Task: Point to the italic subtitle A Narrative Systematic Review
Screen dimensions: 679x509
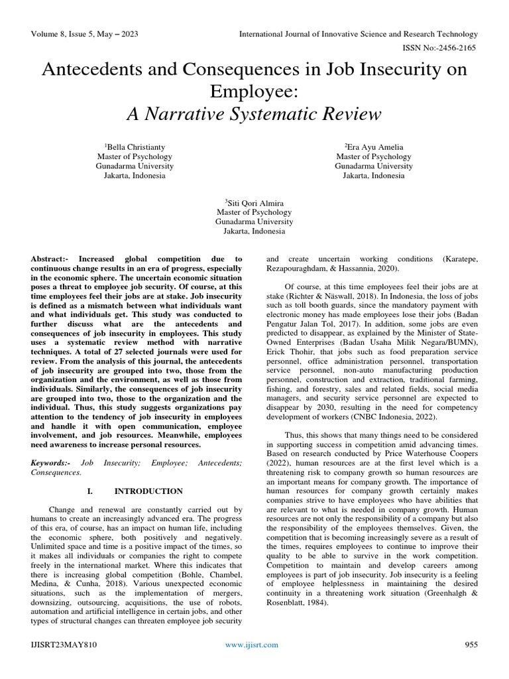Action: click(x=254, y=114)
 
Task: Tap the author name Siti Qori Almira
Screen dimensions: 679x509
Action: click(x=254, y=202)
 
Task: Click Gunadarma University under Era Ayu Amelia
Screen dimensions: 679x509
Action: click(x=374, y=166)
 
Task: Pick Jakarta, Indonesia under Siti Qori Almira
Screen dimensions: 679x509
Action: click(x=254, y=231)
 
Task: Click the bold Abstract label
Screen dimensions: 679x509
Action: click(x=52, y=259)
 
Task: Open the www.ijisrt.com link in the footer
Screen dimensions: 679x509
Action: click(x=252, y=662)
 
